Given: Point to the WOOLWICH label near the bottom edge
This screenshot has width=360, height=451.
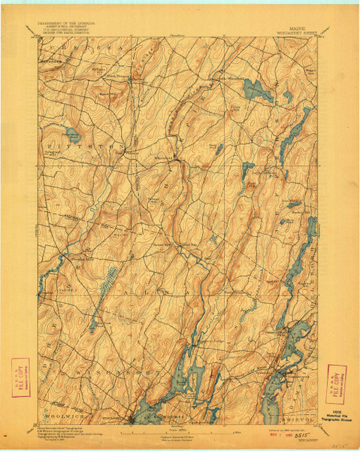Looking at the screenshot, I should pos(66,413).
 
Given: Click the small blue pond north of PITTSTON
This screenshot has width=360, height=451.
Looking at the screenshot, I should pos(74,135).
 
